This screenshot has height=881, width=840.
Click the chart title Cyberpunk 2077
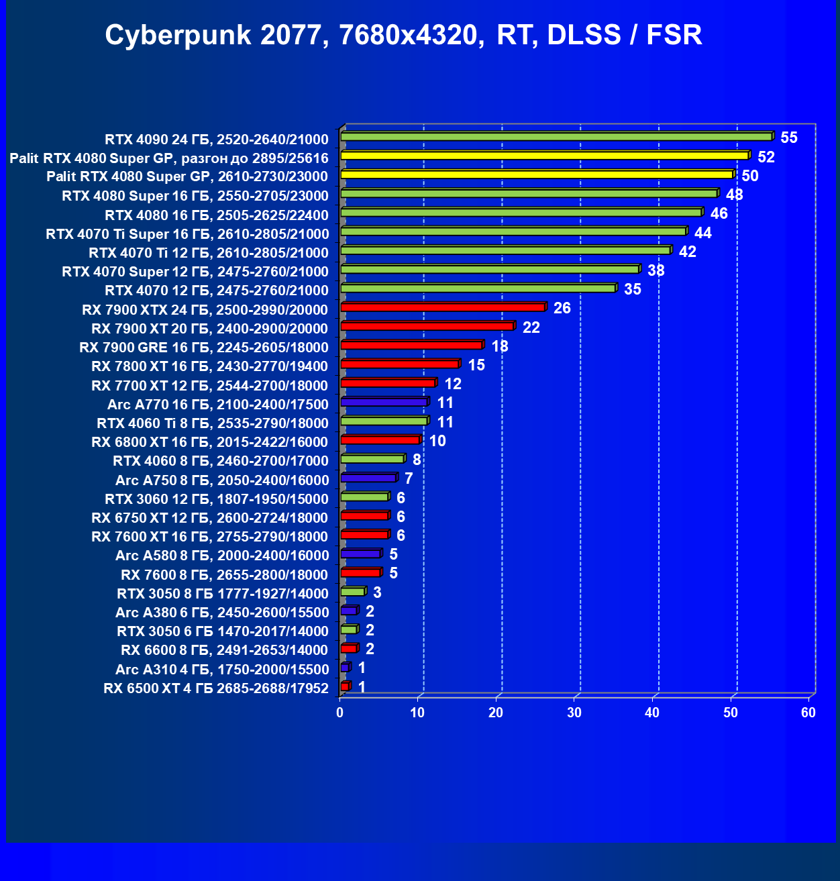pyautogui.click(x=403, y=35)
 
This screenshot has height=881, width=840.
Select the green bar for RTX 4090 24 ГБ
pyautogui.click(x=556, y=137)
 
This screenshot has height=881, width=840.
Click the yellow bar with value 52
pyautogui.click(x=544, y=156)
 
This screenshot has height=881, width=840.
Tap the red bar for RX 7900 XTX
pyautogui.click(x=443, y=307)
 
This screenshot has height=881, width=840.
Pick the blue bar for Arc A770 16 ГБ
pyautogui.click(x=384, y=402)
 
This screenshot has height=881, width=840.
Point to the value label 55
pyautogui.click(x=789, y=138)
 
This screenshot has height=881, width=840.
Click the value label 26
pyautogui.click(x=562, y=308)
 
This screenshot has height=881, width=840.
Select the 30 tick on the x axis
pyautogui.click(x=574, y=713)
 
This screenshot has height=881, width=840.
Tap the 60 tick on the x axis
pyautogui.click(x=808, y=713)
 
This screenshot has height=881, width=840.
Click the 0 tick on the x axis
pyautogui.click(x=340, y=713)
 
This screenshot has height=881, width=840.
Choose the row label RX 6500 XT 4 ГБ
pyautogui.click(x=216, y=688)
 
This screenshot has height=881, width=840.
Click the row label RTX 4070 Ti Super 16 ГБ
pyautogui.click(x=187, y=234)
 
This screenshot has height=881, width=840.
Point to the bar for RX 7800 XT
pyautogui.click(x=400, y=364)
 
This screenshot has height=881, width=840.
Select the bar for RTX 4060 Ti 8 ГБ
pyautogui.click(x=384, y=421)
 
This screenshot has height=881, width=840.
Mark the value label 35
pyautogui.click(x=633, y=289)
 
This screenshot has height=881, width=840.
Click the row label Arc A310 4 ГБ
pyautogui.click(x=222, y=670)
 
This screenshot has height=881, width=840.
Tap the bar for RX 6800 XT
pyautogui.click(x=380, y=440)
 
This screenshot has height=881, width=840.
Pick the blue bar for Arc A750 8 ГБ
pyautogui.click(x=369, y=478)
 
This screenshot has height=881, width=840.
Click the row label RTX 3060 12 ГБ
pyautogui.click(x=217, y=499)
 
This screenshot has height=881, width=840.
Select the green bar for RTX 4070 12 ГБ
pyautogui.click(x=478, y=289)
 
